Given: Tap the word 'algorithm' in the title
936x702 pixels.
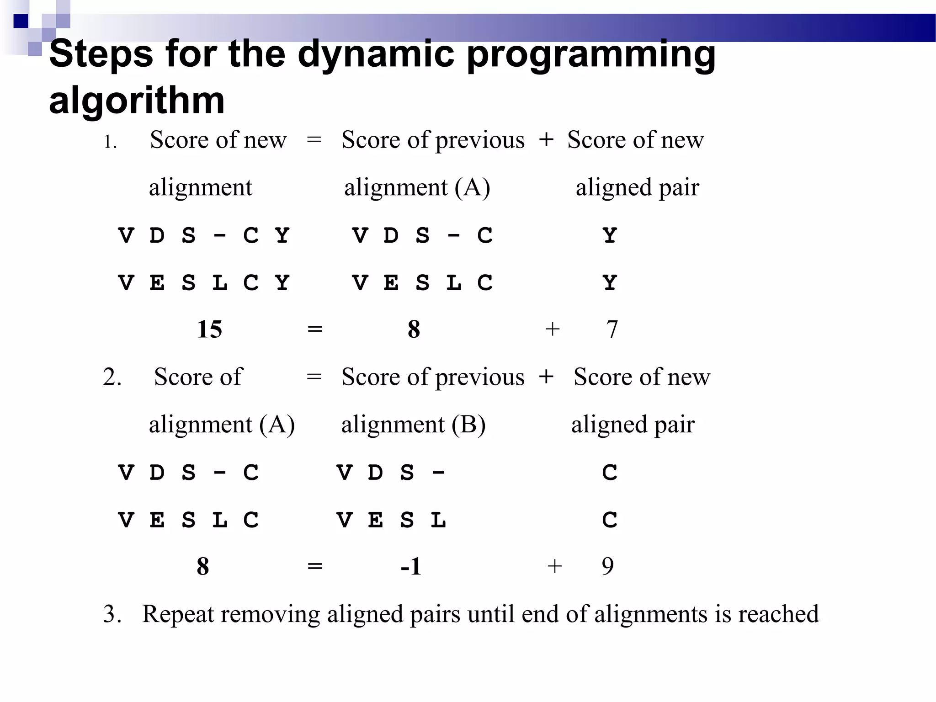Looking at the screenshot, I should pyautogui.click(x=137, y=100).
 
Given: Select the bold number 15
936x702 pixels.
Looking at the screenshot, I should pyautogui.click(x=209, y=329).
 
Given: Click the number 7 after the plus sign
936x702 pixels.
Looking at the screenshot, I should pyautogui.click(x=612, y=329).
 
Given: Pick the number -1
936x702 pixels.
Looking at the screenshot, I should pyautogui.click(x=411, y=566).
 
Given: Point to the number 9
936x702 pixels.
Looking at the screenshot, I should pyautogui.click(x=607, y=566).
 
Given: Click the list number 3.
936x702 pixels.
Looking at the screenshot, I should pyautogui.click(x=112, y=614).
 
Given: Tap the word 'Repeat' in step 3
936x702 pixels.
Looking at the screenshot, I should pyautogui.click(x=178, y=614).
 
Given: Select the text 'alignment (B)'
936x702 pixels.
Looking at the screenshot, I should pyautogui.click(x=413, y=425).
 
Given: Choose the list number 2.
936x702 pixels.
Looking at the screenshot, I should pyautogui.click(x=112, y=377).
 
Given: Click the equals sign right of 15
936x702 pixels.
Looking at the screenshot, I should pyautogui.click(x=315, y=329).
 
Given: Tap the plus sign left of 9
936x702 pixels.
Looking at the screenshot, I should pyautogui.click(x=554, y=566).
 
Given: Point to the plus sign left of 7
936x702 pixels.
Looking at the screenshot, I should pyautogui.click(x=553, y=329).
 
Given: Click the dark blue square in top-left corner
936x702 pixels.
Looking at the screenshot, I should pyautogui.click(x=21, y=21).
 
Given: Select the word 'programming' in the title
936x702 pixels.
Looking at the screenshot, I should pyautogui.click(x=590, y=54).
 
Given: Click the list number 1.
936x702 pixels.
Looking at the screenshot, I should pyautogui.click(x=110, y=142).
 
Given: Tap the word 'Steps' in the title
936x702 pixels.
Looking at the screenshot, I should pyautogui.click(x=101, y=54).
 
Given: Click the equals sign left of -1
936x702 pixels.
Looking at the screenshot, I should pyautogui.click(x=315, y=566).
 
